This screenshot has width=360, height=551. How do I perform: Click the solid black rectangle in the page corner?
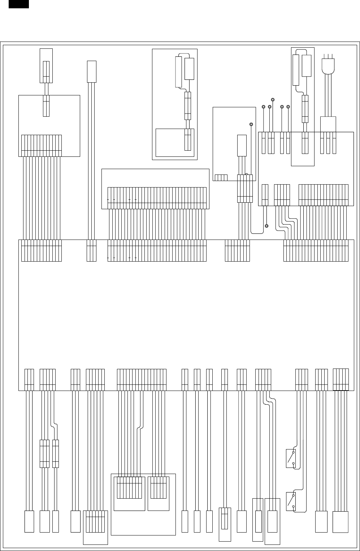(19, 4)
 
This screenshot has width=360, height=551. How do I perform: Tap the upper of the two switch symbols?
(291, 458)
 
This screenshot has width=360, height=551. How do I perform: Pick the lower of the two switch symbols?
(291, 502)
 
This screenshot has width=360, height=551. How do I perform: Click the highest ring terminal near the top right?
(273, 99)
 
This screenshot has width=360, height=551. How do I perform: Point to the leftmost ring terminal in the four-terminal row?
(264, 107)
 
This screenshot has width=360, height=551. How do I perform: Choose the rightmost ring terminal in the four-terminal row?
(288, 107)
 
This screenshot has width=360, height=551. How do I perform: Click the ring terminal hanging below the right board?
(266, 226)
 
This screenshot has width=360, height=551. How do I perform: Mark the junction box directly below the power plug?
(328, 124)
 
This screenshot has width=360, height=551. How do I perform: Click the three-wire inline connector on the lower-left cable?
(44, 454)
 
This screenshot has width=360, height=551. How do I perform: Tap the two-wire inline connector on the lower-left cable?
(56, 454)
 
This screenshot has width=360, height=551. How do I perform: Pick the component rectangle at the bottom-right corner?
(341, 522)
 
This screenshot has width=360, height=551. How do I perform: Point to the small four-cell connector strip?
(221, 177)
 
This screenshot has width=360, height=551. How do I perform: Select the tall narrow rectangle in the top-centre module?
(178, 72)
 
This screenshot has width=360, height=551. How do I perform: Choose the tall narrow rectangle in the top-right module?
(296, 70)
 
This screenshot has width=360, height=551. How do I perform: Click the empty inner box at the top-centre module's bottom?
(170, 142)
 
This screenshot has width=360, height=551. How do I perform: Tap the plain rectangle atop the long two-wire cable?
(92, 72)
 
